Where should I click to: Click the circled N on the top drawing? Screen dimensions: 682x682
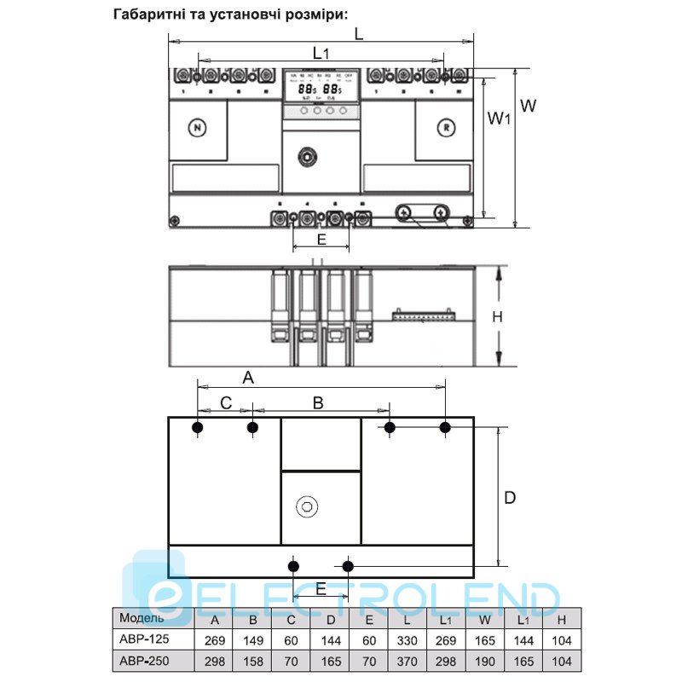click(x=198, y=129)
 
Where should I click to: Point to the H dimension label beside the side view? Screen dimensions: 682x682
click(x=499, y=317)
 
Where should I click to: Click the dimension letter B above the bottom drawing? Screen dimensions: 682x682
click(x=317, y=402)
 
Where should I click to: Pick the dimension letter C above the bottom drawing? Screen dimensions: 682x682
click(x=226, y=402)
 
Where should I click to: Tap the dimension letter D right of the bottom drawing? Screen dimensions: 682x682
click(x=510, y=497)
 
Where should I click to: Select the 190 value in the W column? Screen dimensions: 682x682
click(x=484, y=661)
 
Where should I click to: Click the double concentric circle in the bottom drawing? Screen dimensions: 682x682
click(x=306, y=508)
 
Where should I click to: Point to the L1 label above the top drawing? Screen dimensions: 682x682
click(x=321, y=53)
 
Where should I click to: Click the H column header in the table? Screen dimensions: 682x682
click(x=562, y=620)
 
